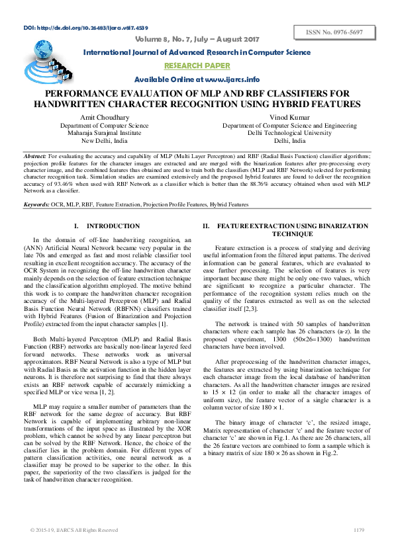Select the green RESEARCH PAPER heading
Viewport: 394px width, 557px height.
coord(197,65)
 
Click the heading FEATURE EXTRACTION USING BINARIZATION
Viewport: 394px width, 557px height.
coord(292,226)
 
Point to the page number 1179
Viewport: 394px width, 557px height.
coord(359,529)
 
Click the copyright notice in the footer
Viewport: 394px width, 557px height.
coord(74,529)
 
